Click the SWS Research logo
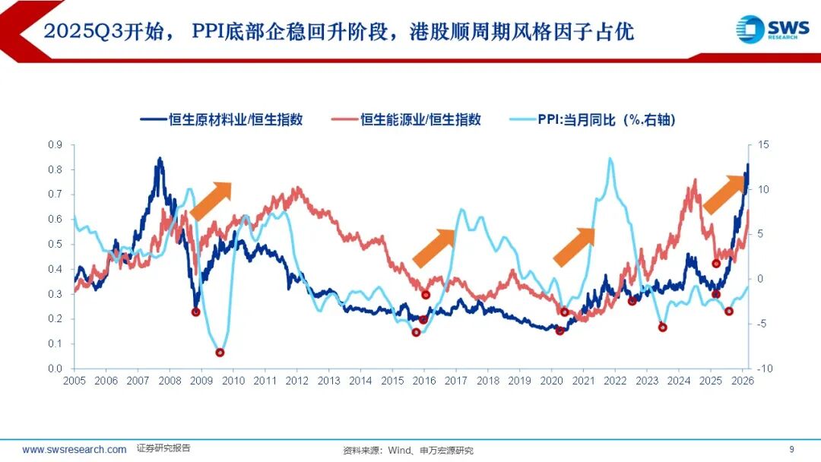click(x=768, y=29)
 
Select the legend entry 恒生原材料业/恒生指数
click(x=221, y=119)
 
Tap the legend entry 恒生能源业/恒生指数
click(x=406, y=119)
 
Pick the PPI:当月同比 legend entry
click(x=591, y=119)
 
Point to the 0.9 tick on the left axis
click(x=55, y=144)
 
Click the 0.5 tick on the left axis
click(x=55, y=244)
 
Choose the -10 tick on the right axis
click(x=764, y=369)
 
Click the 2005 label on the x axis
click(x=74, y=381)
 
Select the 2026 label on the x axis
click(x=742, y=381)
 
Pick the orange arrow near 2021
click(x=573, y=247)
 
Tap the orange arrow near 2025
click(x=723, y=194)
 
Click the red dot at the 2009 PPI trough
click(x=220, y=353)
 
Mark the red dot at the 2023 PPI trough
click(x=662, y=328)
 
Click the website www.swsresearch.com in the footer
click(x=74, y=449)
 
